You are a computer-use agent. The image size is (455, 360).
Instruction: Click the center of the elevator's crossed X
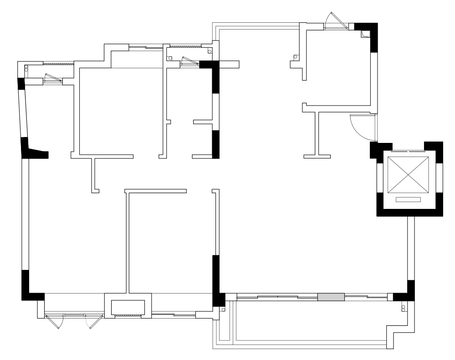[x=408, y=175]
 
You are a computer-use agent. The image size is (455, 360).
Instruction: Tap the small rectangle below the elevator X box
[x=408, y=199]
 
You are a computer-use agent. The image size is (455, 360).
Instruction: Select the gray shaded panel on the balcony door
[x=331, y=297]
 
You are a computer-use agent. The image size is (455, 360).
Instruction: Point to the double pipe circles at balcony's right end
[x=403, y=308]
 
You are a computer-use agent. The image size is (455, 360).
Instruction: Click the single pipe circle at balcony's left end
[x=223, y=309]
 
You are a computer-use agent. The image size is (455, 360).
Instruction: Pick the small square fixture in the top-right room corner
[x=365, y=34]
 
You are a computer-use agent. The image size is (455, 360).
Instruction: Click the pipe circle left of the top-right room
[x=295, y=57]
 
